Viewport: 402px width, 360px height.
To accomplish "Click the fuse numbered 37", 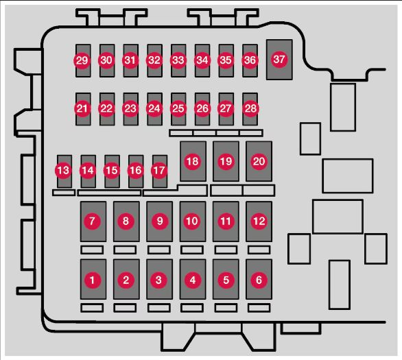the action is point(279,60).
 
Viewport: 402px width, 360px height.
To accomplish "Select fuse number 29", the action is point(83,60).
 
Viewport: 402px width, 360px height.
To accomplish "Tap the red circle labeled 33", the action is point(178,60).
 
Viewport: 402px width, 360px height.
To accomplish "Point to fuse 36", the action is point(250,60).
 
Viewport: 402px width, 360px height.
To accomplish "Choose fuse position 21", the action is point(83,109).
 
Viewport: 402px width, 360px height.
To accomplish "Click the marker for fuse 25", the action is point(178,108).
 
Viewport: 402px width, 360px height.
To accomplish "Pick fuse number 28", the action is point(250,109).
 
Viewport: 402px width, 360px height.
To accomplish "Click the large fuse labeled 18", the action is point(193,161).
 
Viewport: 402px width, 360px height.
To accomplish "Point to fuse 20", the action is point(259,161).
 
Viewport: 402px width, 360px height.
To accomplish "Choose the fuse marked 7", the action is point(93,221).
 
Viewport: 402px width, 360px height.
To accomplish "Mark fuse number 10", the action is point(193,221).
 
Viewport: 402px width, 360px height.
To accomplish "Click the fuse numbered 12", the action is point(259,221).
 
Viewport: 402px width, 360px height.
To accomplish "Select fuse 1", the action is point(93,279).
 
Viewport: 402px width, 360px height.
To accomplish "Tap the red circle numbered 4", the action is point(193,280).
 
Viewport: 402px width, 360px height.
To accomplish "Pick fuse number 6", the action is point(259,279).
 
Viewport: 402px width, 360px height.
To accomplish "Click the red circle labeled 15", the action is point(112,170).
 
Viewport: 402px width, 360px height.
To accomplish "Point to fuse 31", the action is point(131,60).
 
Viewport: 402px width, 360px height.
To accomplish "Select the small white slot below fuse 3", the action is point(159,308).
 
